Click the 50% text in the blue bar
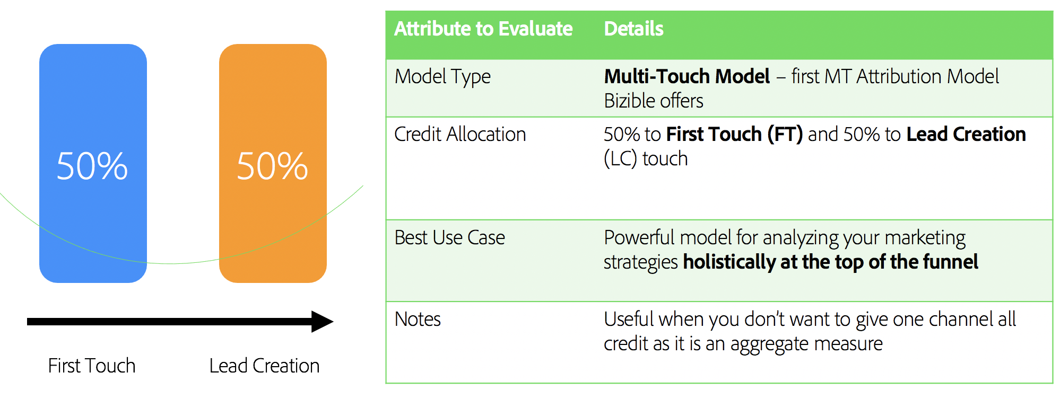click(92, 166)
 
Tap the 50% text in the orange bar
click(272, 166)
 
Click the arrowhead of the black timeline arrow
click(322, 322)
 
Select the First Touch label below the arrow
click(92, 366)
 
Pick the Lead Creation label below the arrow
click(264, 366)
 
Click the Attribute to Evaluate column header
click(483, 29)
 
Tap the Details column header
click(633, 29)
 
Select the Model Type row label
click(442, 77)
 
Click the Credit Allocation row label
click(460, 134)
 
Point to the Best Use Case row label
click(449, 237)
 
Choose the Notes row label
click(418, 319)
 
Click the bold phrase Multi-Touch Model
click(687, 77)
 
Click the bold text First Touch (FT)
click(734, 134)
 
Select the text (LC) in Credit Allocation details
click(620, 158)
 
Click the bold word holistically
click(729, 262)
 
